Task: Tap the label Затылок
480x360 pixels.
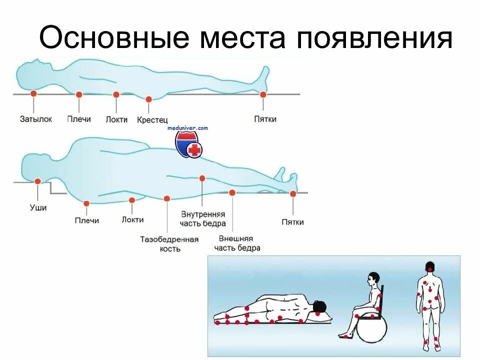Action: point(35,119)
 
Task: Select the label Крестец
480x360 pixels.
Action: point(152,120)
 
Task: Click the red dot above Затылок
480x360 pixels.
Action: point(33,93)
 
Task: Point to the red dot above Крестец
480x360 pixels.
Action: point(148,99)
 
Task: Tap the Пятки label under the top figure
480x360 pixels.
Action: point(265,119)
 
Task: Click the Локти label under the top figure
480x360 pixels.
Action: point(116,119)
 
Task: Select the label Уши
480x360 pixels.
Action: point(38,207)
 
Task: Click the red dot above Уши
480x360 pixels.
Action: point(37,181)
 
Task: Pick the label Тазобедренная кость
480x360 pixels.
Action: point(169,244)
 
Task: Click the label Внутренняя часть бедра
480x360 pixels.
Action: point(202,218)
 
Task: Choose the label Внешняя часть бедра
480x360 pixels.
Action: point(237,243)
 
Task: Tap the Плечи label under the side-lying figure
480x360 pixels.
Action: point(87,220)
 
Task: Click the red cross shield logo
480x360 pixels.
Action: point(188,145)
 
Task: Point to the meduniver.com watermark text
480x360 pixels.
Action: point(187,128)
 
